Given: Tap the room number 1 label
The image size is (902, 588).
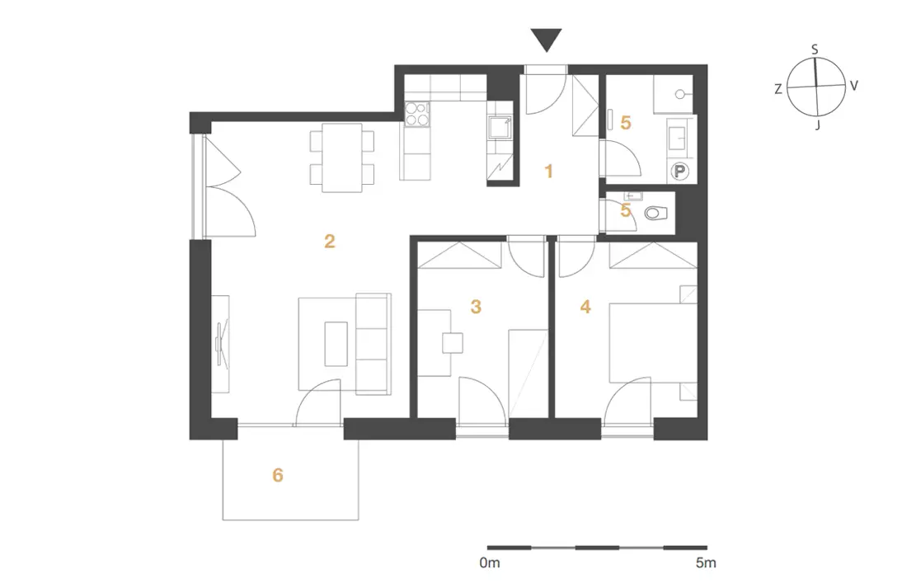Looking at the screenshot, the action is pyautogui.click(x=549, y=171).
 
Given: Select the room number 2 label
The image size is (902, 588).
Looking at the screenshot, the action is pyautogui.click(x=330, y=241).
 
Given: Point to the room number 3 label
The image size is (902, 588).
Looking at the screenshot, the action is pyautogui.click(x=476, y=307).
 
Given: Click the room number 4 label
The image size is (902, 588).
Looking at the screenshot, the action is pyautogui.click(x=585, y=307).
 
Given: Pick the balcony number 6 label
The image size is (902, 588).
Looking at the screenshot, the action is pyautogui.click(x=278, y=475).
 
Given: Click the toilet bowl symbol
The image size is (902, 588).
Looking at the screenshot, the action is pyautogui.click(x=655, y=214).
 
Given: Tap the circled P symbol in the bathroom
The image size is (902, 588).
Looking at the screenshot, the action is pyautogui.click(x=680, y=171).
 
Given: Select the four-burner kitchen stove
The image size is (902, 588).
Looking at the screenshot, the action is pyautogui.click(x=417, y=113).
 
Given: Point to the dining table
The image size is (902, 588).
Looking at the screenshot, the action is pyautogui.click(x=342, y=158).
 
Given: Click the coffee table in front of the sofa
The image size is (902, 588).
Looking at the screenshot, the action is pyautogui.click(x=336, y=343).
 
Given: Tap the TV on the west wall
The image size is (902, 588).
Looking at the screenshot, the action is pyautogui.click(x=222, y=343).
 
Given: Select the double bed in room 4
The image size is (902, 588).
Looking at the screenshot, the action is pyautogui.click(x=653, y=342).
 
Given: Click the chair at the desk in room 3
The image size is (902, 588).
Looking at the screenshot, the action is pyautogui.click(x=453, y=343).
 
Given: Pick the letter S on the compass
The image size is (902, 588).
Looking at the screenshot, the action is pyautogui.click(x=815, y=49).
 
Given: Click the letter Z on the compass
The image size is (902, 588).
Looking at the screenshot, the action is pyautogui.click(x=778, y=89).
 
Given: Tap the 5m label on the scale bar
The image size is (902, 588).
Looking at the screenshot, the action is pyautogui.click(x=706, y=562).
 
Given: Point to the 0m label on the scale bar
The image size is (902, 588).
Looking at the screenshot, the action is pyautogui.click(x=490, y=562).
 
